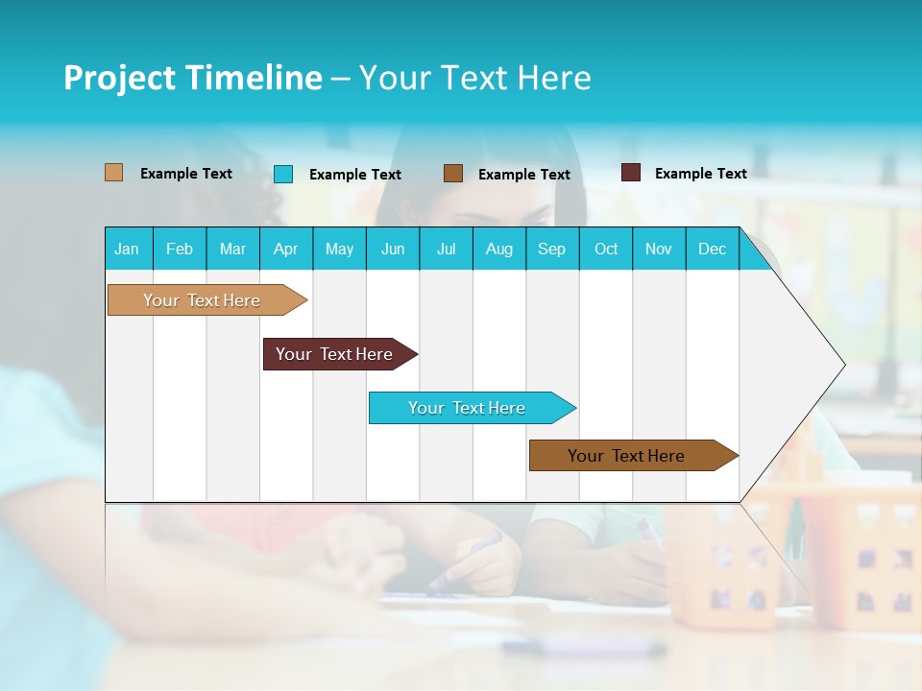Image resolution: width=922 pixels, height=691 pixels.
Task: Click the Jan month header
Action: [127, 249]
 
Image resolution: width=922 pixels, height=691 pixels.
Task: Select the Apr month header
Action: [285, 249]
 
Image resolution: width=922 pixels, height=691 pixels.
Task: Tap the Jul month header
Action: [446, 249]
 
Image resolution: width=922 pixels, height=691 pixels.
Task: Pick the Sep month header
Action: [551, 249]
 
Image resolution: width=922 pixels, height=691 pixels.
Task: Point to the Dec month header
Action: [712, 249]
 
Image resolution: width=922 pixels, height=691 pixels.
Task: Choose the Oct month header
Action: [606, 249]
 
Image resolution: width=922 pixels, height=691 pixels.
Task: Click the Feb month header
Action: [180, 249]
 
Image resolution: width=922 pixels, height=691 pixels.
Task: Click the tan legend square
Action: [114, 173]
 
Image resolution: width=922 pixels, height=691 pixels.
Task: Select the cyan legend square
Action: [283, 174]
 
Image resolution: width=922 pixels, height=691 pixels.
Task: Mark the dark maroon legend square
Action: [631, 173]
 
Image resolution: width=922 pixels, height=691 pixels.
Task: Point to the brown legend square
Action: [453, 173]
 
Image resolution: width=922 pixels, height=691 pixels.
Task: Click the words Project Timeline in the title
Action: [192, 78]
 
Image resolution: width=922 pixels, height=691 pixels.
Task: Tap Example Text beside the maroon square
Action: [700, 174]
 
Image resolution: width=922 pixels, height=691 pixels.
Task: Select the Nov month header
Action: [659, 249]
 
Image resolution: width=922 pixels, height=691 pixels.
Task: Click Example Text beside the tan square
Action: [186, 174]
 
